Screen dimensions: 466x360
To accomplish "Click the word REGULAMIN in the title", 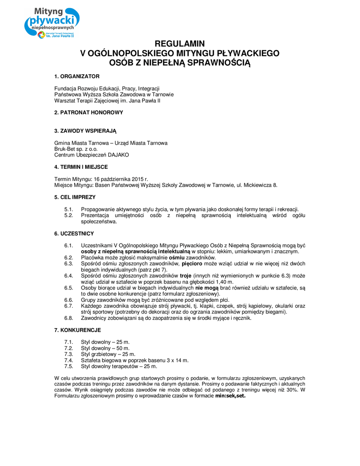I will [x=180, y=44].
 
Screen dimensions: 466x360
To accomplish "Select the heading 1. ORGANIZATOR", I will [x=76, y=76].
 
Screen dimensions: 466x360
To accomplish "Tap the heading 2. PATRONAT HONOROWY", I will [x=88, y=112].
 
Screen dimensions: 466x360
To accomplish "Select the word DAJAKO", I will [x=118, y=155].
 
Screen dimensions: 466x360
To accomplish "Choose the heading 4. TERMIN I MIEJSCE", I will [x=81, y=167].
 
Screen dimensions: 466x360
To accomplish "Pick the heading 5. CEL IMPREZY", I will [x=75, y=197].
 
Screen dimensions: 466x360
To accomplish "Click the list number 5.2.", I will [x=69, y=215].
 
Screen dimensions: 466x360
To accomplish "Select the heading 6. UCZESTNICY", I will [x=74, y=233].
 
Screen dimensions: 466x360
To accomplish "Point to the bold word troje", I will [x=185, y=276].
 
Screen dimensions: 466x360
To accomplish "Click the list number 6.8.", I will [x=69, y=318].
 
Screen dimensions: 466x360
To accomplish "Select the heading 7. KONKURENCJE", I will [x=77, y=330].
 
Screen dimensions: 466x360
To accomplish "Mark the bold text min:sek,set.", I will [x=230, y=396].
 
